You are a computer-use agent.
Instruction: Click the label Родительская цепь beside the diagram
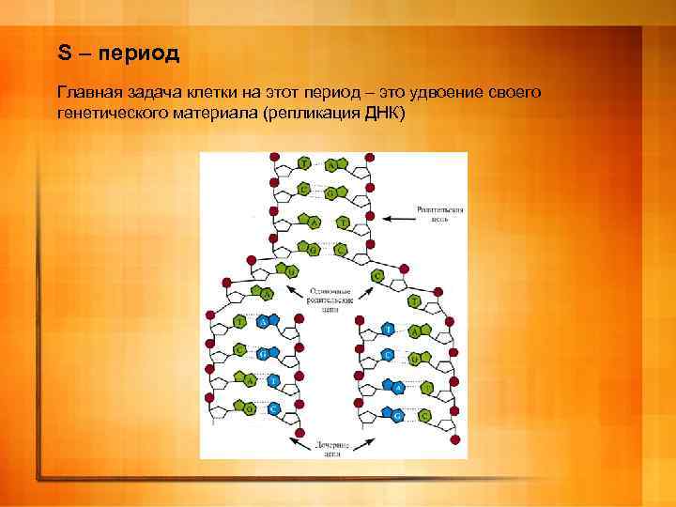pyautogui.click(x=441, y=219)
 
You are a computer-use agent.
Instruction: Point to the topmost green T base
pyautogui.click(x=304, y=163)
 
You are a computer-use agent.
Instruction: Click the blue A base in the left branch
pyautogui.click(x=263, y=321)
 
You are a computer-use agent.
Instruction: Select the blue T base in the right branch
pyautogui.click(x=388, y=329)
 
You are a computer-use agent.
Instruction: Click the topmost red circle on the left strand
pyautogui.click(x=274, y=156)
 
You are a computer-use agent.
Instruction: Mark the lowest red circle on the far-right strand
pyautogui.click(x=453, y=438)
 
